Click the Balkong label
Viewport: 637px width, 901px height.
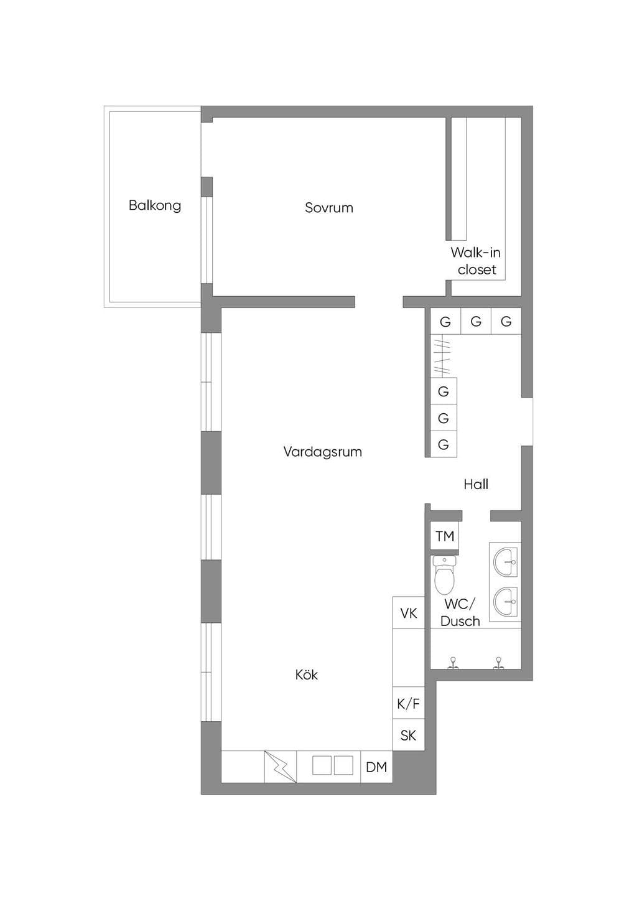pyautogui.click(x=155, y=205)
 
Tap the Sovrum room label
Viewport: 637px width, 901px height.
pyautogui.click(x=329, y=208)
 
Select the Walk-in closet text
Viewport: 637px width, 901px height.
pyautogui.click(x=476, y=261)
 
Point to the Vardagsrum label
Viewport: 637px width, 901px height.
pyautogui.click(x=322, y=452)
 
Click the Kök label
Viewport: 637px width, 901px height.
pyautogui.click(x=307, y=674)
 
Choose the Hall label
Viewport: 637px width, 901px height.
pyautogui.click(x=476, y=484)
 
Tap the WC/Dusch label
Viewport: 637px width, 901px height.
pyautogui.click(x=460, y=612)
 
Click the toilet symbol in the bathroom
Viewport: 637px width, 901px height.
pyautogui.click(x=444, y=575)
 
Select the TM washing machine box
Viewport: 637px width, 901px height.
pyautogui.click(x=444, y=536)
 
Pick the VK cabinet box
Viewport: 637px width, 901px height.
pyautogui.click(x=409, y=613)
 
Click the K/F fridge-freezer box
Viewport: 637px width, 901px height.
pyautogui.click(x=409, y=703)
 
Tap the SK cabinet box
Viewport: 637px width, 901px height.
pyautogui.click(x=409, y=735)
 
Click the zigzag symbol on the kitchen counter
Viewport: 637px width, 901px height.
pyautogui.click(x=281, y=767)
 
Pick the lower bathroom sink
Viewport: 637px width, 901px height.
pyautogui.click(x=505, y=601)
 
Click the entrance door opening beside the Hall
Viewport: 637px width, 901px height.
pyautogui.click(x=528, y=421)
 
